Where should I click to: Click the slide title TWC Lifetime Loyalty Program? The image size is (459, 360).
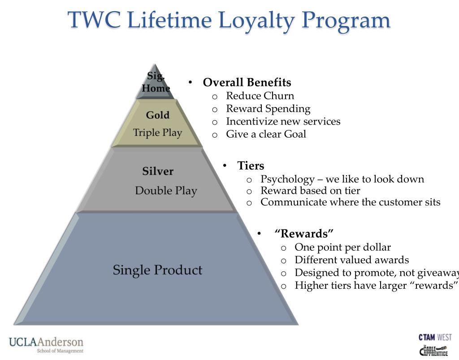click(x=229, y=21)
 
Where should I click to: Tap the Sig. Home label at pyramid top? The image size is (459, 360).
click(x=156, y=82)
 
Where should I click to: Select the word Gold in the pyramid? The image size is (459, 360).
click(x=158, y=115)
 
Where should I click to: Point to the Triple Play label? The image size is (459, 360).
click(x=157, y=133)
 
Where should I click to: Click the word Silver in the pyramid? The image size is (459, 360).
click(x=158, y=171)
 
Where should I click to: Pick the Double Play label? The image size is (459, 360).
click(x=166, y=191)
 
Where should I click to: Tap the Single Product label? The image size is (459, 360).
click(x=157, y=270)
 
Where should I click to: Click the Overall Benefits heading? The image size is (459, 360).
click(x=247, y=82)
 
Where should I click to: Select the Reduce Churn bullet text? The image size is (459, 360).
click(x=260, y=95)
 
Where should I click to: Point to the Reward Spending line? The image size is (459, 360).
click(x=268, y=108)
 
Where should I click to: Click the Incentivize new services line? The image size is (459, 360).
click(x=283, y=121)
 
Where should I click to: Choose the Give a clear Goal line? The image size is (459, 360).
click(x=266, y=134)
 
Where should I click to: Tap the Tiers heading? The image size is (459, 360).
click(x=251, y=166)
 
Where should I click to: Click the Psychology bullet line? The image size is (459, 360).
click(x=342, y=179)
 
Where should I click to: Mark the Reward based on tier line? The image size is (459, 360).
click(x=310, y=191)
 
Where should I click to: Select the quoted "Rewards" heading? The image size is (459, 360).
click(x=304, y=234)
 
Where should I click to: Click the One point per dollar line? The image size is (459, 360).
click(x=342, y=247)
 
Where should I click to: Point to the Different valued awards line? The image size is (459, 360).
click(x=351, y=260)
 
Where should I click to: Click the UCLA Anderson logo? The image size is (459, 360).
click(x=46, y=344)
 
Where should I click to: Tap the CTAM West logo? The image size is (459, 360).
click(x=435, y=337)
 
